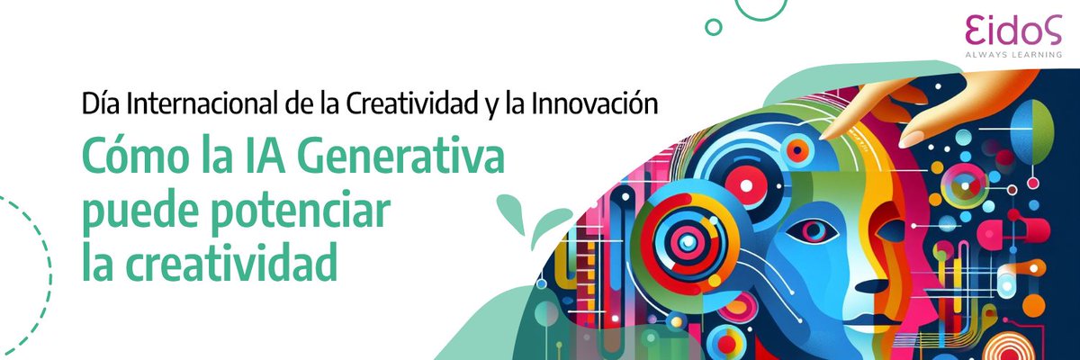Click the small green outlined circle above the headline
pos(714,27)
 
